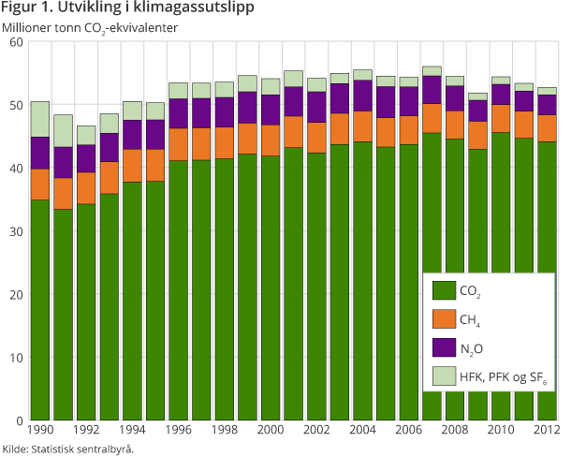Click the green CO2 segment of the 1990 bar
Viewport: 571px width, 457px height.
tap(39, 309)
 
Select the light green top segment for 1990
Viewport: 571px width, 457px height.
tap(39, 119)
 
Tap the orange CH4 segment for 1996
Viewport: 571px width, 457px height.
tap(178, 144)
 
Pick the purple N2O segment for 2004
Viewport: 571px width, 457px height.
tap(362, 96)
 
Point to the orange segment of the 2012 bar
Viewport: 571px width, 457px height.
tap(547, 128)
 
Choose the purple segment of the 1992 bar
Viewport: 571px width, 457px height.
tap(86, 158)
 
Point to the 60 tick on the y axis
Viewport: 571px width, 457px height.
tap(16, 42)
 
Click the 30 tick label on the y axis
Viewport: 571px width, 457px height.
tap(16, 231)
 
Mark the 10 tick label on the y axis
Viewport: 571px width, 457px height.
tap(16, 358)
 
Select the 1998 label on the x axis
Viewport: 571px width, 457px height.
tap(224, 430)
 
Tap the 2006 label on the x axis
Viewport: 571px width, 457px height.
tap(408, 430)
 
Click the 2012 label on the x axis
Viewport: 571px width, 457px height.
tap(547, 430)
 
